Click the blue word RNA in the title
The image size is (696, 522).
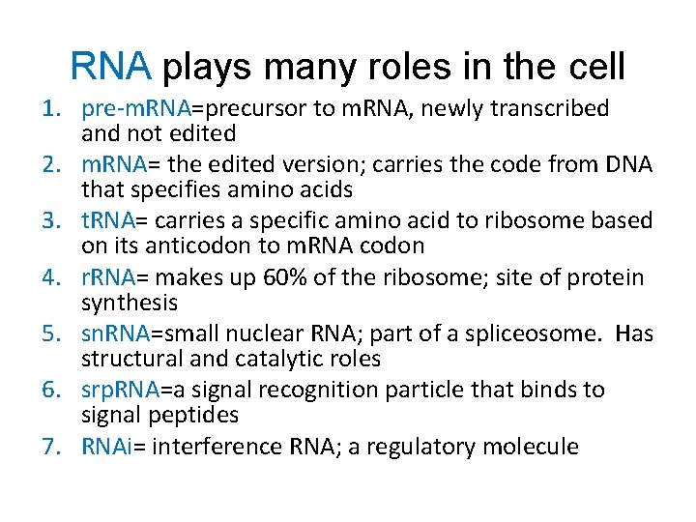pyautogui.click(x=111, y=67)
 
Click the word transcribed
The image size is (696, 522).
pyautogui.click(x=549, y=109)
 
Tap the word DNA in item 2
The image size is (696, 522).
pyautogui.click(x=628, y=165)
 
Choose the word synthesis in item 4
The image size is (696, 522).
pyautogui.click(x=130, y=303)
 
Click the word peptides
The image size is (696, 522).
pyautogui.click(x=196, y=415)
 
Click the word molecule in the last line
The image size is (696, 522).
pyautogui.click(x=535, y=447)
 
